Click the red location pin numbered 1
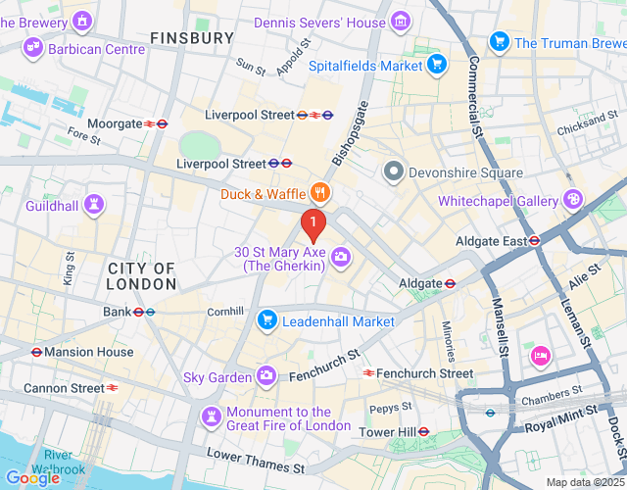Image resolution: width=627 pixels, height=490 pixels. point(313,224)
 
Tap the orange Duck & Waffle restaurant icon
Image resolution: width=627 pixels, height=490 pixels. point(318,193)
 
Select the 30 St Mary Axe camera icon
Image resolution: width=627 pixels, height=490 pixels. point(341,257)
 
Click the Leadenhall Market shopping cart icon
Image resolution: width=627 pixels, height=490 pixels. point(266,320)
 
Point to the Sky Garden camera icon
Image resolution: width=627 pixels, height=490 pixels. point(266,376)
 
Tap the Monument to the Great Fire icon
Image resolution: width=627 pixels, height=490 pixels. point(211,417)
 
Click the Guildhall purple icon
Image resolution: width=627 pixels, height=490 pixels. point(94,204)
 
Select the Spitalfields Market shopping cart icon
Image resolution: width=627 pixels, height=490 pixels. point(437,66)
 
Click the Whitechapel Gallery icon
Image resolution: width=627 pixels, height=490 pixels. point(574,200)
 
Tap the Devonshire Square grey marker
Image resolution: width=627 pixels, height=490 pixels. point(394,172)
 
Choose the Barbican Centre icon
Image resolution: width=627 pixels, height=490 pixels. point(34,47)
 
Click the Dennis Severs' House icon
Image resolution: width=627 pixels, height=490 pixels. point(400,21)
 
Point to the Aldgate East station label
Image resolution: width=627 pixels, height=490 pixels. point(491,241)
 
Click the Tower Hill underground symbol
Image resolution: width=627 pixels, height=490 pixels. point(424,431)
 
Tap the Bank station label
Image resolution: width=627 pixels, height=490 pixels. point(116,312)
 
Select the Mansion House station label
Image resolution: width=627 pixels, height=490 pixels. point(82,352)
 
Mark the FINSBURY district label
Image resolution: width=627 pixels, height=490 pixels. point(193,38)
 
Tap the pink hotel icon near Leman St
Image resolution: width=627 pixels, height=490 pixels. point(539,355)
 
